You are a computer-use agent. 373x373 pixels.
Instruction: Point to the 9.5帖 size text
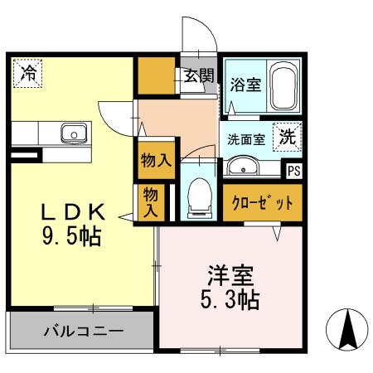pyautogui.click(x=72, y=237)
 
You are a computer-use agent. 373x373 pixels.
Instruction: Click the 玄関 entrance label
pyautogui.click(x=199, y=77)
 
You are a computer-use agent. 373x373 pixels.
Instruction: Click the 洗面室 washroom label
pyautogui.click(x=246, y=138)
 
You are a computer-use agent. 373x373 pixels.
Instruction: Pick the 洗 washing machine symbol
pyautogui.click(x=287, y=137)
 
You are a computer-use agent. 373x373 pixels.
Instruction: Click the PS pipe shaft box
pyautogui.click(x=293, y=172)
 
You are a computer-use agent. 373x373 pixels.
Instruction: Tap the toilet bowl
pyautogui.click(x=199, y=197)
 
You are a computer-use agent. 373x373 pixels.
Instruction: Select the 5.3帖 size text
pyautogui.click(x=230, y=298)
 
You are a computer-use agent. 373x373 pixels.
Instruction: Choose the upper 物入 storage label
pyautogui.click(x=155, y=160)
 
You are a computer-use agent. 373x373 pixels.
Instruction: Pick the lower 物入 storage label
pyautogui.click(x=151, y=202)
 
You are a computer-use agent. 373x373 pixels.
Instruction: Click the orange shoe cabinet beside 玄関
pyautogui.click(x=155, y=77)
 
